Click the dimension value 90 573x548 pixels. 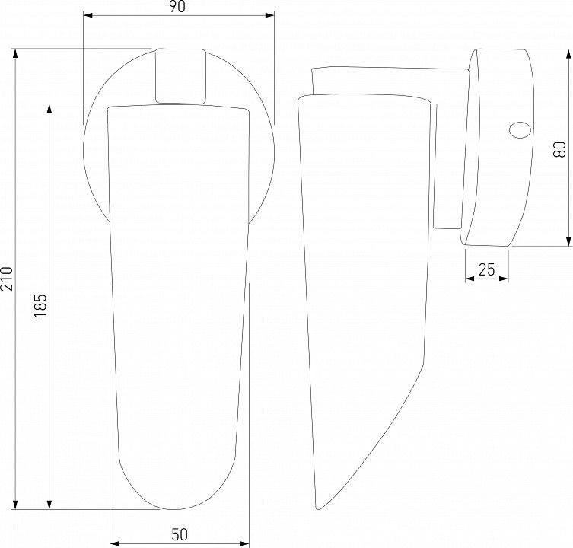point(177,7)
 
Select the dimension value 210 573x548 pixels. point(7,279)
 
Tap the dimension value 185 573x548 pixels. point(40,306)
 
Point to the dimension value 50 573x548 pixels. point(180,534)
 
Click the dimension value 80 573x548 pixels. point(559,149)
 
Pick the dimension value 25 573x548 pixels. point(486,269)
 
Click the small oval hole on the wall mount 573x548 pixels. point(520,130)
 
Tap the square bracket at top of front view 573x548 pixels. point(180,76)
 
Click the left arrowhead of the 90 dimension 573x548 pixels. point(88,15)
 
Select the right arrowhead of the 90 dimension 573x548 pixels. point(269,15)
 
